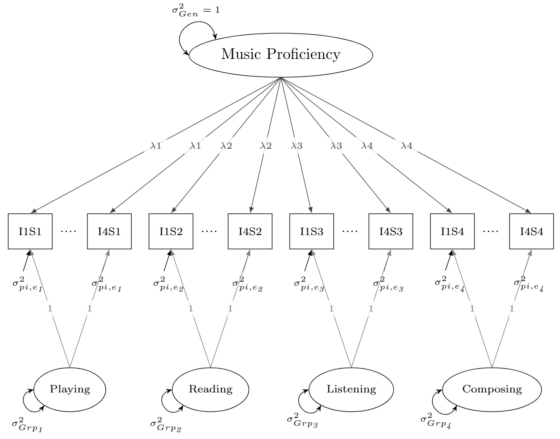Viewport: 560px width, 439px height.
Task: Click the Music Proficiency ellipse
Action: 281,55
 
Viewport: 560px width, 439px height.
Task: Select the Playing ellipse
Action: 70,389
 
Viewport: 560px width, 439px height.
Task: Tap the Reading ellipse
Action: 210,389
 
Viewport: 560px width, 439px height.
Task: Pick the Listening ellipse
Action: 351,389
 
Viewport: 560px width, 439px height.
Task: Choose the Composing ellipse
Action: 492,389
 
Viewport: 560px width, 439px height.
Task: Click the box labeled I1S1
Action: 30,231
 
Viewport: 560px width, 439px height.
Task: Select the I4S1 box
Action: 109,231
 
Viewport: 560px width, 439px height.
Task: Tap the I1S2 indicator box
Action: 171,231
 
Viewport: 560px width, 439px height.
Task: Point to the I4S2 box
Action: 250,231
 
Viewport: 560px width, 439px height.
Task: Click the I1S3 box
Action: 311,231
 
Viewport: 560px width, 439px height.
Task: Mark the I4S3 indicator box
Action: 391,231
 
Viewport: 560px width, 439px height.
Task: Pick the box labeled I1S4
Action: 452,231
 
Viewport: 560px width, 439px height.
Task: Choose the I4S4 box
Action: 532,231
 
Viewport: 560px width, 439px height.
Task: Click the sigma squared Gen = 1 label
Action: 196,11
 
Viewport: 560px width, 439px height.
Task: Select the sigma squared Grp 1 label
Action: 27,425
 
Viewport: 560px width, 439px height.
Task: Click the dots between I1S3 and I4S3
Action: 350,231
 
